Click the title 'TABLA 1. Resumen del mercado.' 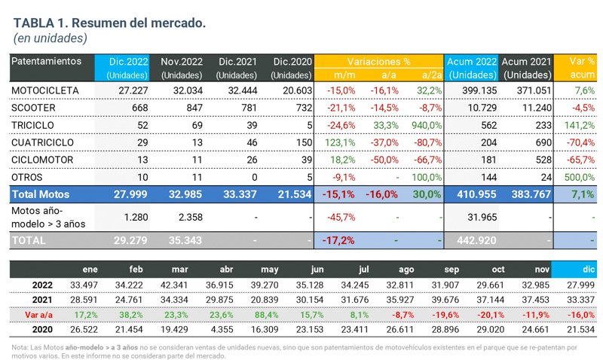click(x=109, y=23)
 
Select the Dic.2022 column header click(x=127, y=61)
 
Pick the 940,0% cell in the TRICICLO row click(x=426, y=124)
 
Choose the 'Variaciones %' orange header click(x=378, y=61)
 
